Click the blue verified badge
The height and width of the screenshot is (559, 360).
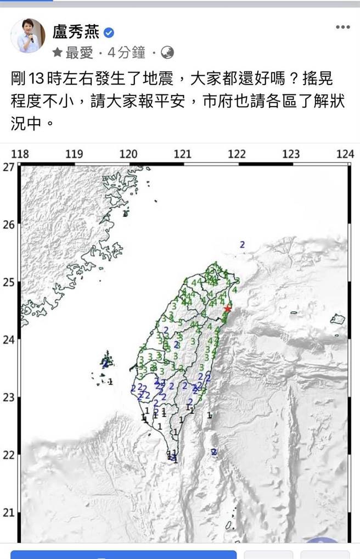coord(109,33)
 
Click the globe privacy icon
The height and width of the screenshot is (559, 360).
coord(168,53)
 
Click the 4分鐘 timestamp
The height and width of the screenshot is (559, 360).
coord(126,53)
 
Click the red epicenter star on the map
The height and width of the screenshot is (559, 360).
coord(228,309)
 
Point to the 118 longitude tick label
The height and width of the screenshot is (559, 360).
coord(20,154)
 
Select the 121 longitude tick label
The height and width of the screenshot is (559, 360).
coord(182,154)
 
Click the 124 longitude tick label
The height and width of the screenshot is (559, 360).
coord(345,154)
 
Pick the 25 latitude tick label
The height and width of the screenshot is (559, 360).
coord(8,282)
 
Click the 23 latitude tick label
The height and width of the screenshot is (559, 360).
coord(8,398)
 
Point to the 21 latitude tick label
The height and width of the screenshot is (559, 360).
coord(8,512)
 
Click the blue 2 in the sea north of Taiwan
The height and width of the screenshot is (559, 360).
coord(242,244)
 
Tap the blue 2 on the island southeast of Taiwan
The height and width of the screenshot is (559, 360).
coord(214,452)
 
